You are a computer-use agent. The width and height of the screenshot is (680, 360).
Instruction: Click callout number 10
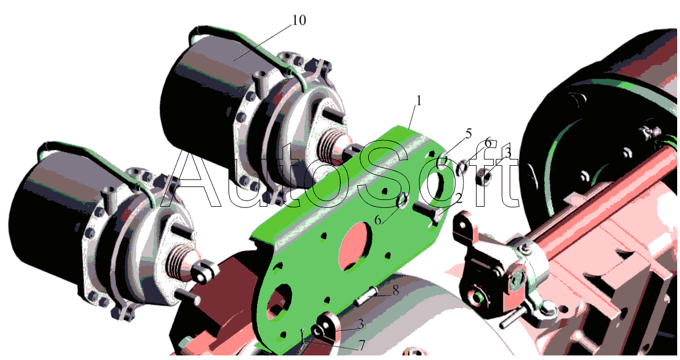299,20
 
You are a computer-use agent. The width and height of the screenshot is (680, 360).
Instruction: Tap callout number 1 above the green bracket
419,100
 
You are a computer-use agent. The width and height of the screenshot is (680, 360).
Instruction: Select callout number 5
468,133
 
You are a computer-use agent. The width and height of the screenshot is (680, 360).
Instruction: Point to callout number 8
396,290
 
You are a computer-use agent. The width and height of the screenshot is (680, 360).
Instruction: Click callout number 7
361,345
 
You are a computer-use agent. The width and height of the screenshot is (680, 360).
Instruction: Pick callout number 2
458,198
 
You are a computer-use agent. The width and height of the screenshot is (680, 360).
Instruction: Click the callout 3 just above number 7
361,324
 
